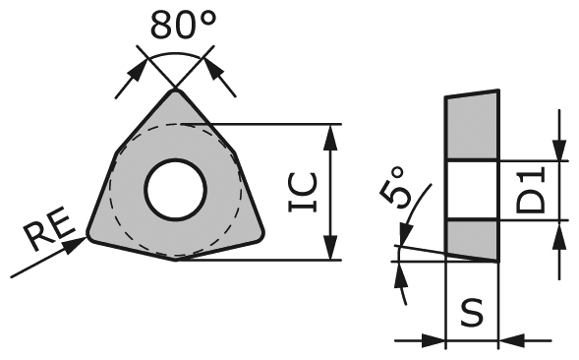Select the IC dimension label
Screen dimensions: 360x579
click(x=303, y=192)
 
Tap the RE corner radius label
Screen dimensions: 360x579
click(x=46, y=235)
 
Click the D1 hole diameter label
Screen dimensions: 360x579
click(x=532, y=190)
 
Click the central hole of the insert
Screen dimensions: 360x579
click(x=175, y=188)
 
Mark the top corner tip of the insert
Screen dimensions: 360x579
click(x=177, y=91)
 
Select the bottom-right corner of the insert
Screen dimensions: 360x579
click(x=261, y=233)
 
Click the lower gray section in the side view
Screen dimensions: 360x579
click(x=472, y=238)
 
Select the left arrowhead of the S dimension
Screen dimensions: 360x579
click(x=437, y=341)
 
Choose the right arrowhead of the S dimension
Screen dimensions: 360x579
click(x=509, y=341)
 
